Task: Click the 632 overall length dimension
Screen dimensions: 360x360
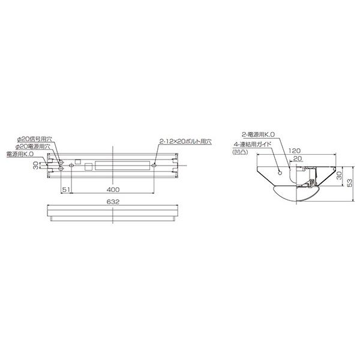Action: [x=113, y=202]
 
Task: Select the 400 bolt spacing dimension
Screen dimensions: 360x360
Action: [x=113, y=190]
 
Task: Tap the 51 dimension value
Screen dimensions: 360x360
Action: [x=66, y=190]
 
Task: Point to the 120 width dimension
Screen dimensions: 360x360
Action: [x=295, y=151]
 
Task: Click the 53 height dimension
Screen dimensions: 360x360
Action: [x=349, y=183]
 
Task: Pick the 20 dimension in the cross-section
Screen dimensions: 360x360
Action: [x=298, y=158]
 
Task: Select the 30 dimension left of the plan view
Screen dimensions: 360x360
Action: [x=35, y=166]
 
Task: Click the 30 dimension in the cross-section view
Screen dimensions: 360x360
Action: [x=339, y=176]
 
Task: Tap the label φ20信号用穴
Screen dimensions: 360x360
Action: [x=35, y=139]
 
